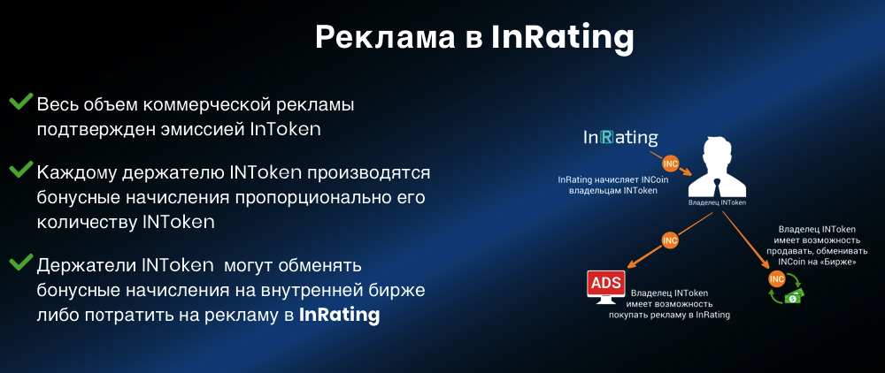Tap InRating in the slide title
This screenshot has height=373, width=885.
[x=563, y=38]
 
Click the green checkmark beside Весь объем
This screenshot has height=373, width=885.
[x=21, y=103]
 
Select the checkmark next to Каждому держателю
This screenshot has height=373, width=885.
[x=21, y=171]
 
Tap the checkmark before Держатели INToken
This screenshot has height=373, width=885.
[x=21, y=262]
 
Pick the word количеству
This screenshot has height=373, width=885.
[x=85, y=222]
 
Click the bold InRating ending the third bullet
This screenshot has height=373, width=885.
[x=340, y=315]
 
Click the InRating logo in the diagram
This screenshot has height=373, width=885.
[x=620, y=138]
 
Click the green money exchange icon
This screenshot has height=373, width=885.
[x=788, y=289]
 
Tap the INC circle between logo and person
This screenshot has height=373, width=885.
[x=670, y=164]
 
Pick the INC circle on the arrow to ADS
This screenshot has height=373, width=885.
[x=670, y=240]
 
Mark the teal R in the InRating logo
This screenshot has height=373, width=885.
[x=606, y=138]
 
